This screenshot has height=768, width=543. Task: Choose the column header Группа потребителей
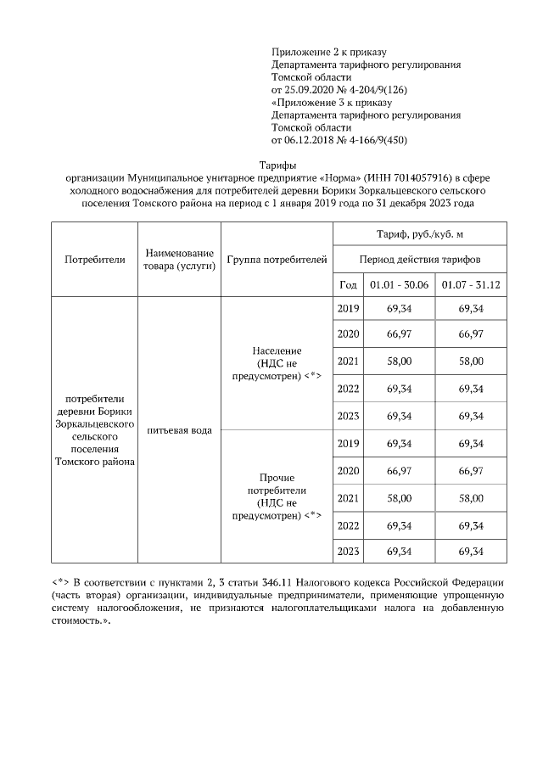pyautogui.click(x=277, y=259)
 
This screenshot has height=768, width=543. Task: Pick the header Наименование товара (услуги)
pyautogui.click(x=179, y=259)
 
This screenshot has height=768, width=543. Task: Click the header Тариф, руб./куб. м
pyautogui.click(x=420, y=233)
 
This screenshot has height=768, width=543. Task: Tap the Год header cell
pyautogui.click(x=348, y=284)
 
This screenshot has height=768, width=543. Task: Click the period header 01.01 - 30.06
pyautogui.click(x=399, y=284)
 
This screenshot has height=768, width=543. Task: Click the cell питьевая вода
pyautogui.click(x=179, y=430)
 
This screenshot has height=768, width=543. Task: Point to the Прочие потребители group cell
pyautogui.click(x=277, y=496)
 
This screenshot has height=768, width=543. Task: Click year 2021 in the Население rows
pyautogui.click(x=349, y=362)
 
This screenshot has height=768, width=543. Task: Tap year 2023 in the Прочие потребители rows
pyautogui.click(x=349, y=552)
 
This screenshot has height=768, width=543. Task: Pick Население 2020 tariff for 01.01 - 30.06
pyautogui.click(x=399, y=334)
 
